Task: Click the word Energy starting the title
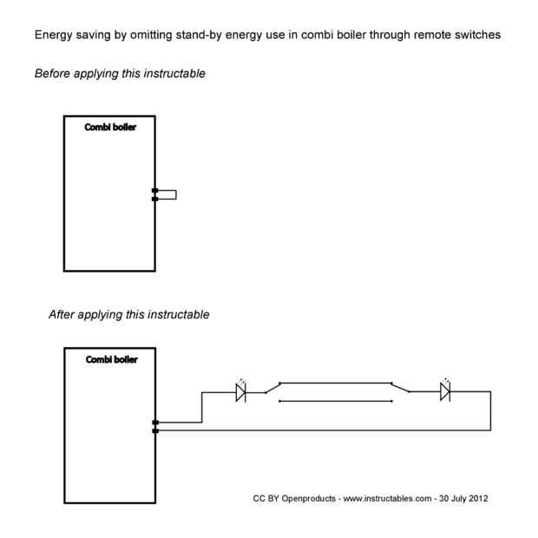tap(53, 36)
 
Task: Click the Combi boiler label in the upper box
tap(110, 128)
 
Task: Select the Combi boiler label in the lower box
tap(111, 359)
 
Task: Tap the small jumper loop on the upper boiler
tap(167, 194)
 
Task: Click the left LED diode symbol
tap(241, 392)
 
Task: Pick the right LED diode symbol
tap(445, 392)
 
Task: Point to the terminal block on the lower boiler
tap(155, 426)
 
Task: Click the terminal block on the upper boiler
tap(155, 194)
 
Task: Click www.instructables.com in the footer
tap(387, 499)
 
